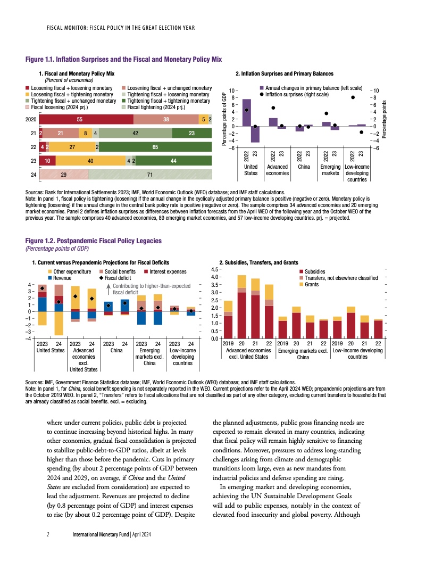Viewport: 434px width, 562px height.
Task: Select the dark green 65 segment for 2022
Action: tap(155, 147)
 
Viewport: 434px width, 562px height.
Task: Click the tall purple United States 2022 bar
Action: tap(247, 112)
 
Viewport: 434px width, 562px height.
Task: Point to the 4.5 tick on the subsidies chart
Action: tap(212, 269)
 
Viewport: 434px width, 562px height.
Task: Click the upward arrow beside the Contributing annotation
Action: tap(109, 289)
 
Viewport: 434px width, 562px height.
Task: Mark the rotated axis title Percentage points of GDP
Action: tap(224, 120)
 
